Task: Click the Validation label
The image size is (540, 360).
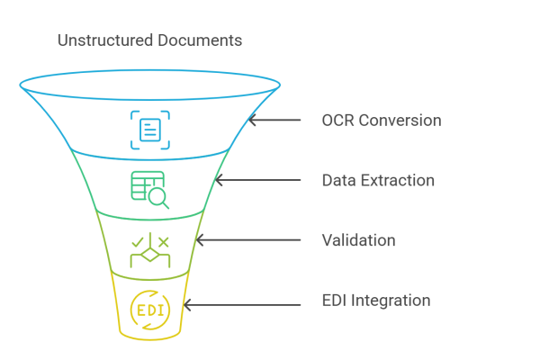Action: [x=358, y=241]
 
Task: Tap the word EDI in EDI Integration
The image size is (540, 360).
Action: [x=335, y=301]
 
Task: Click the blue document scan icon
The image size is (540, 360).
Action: [x=149, y=129]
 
